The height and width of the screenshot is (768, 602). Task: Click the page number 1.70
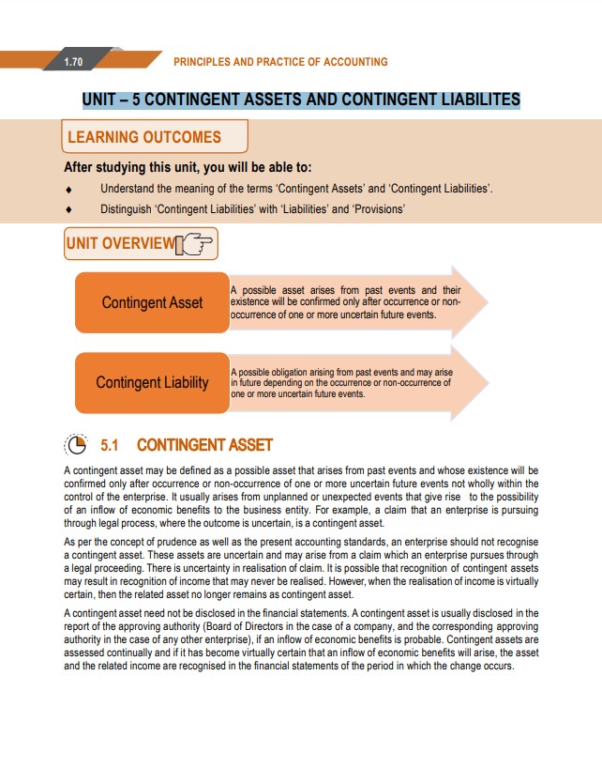coord(73,62)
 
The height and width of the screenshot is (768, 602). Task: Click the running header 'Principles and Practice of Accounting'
coord(280,62)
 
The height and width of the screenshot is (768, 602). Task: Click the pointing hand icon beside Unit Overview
coord(195,246)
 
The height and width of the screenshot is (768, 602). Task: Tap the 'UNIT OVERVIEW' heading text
coord(120,245)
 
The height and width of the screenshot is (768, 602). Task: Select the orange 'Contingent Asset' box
coord(152,302)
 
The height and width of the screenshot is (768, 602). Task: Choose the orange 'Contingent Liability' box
coord(152,382)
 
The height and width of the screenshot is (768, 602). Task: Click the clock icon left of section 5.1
coord(76,444)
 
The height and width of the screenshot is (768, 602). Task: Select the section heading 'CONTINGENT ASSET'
coord(204,444)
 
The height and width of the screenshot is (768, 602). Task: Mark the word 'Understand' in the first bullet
coord(125,190)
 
